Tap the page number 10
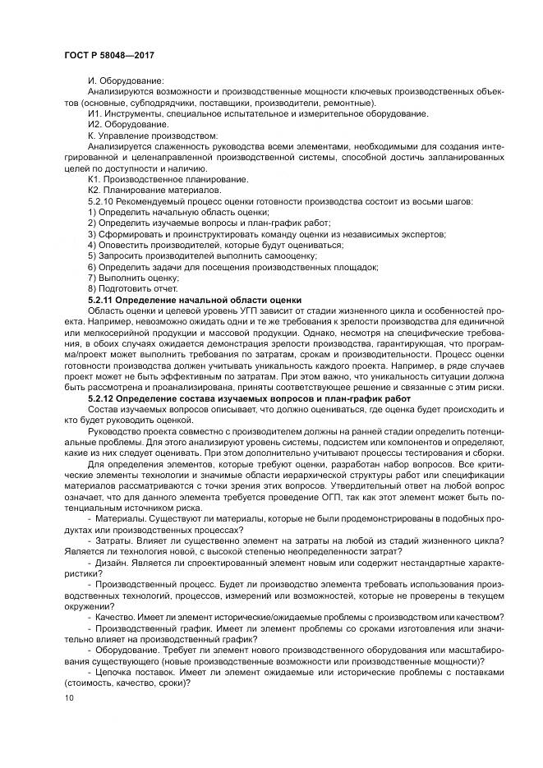pos(68,697)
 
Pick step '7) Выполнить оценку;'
pos(127,278)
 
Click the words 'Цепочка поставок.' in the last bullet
pos(136,670)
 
